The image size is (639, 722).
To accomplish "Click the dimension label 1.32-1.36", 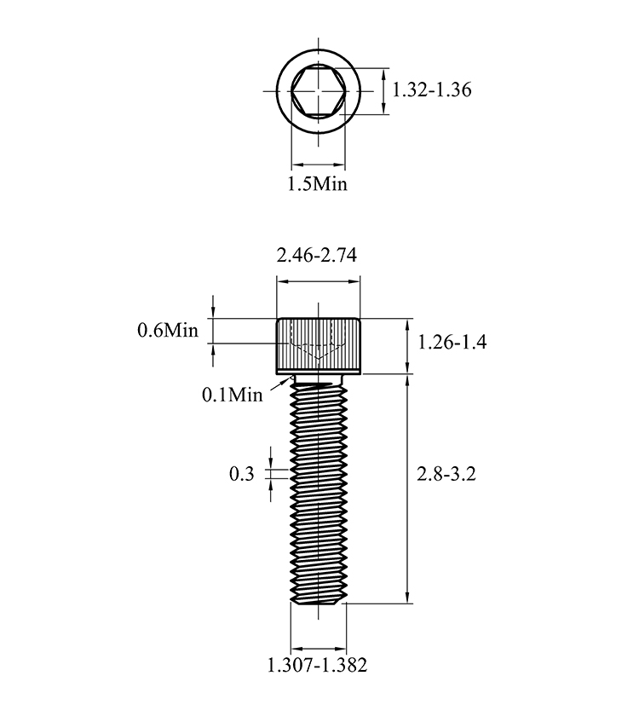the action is [432, 90].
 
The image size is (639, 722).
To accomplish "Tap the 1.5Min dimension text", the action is [318, 184].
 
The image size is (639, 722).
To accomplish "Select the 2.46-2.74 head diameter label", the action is [317, 255].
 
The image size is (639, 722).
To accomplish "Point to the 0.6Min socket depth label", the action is [168, 330].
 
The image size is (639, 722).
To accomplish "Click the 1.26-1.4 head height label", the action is [452, 342].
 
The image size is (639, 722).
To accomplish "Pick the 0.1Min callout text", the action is [233, 395].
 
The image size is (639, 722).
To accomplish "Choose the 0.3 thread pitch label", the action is [242, 473].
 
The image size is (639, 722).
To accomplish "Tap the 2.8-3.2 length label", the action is [446, 473].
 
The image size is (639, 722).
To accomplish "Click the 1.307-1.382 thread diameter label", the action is [318, 665].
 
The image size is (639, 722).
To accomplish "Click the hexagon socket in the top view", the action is [318, 91].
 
